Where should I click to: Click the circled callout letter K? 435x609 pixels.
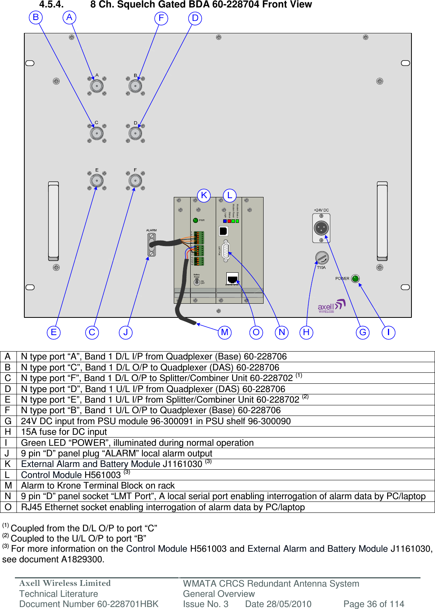204,195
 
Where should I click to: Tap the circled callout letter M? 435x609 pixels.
225,332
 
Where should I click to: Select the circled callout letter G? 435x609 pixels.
363,332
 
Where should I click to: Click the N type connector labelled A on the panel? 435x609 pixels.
96,86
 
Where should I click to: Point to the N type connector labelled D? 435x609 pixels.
135,133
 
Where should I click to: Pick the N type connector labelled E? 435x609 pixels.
96,181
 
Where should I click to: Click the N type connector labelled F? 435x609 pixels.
135,181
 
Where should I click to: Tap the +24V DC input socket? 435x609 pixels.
321,228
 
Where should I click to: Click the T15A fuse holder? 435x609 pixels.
322,258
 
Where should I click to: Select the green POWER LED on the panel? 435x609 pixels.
355,279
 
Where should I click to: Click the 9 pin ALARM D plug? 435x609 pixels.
152,244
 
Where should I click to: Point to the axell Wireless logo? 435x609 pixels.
331,306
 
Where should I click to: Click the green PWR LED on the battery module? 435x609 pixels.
195,220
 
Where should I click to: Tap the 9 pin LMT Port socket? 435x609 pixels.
226,250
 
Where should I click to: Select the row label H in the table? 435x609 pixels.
8,432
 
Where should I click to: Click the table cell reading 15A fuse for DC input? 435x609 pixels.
64,432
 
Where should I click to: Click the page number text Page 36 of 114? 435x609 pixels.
373,604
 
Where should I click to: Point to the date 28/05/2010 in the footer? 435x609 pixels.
278,604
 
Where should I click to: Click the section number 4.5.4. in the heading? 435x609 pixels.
51,5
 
